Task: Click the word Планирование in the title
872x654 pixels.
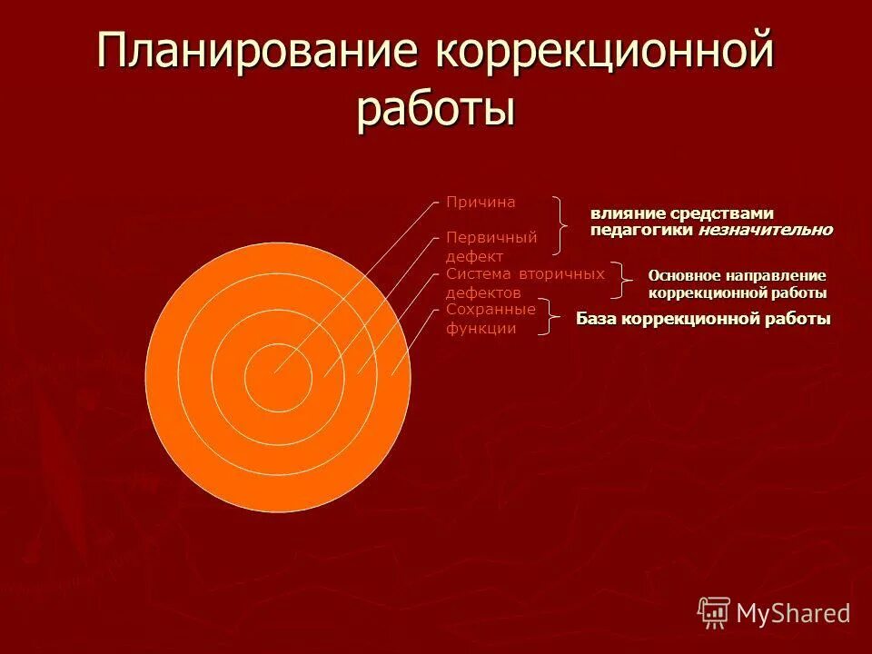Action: (x=260, y=52)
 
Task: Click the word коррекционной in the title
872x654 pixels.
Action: (x=605, y=52)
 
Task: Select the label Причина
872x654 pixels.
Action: (x=481, y=202)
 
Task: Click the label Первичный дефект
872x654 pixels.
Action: (x=491, y=247)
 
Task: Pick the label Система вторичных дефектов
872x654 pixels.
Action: (x=524, y=282)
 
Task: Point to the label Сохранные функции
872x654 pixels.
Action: (x=490, y=319)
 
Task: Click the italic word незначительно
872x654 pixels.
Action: (x=765, y=230)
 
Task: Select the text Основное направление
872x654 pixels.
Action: (x=737, y=275)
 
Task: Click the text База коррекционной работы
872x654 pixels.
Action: (x=703, y=319)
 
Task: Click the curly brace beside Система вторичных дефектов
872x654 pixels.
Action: (x=622, y=281)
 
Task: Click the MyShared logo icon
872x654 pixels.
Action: (x=713, y=612)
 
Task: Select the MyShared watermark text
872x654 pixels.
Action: (x=793, y=613)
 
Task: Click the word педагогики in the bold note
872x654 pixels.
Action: (x=642, y=230)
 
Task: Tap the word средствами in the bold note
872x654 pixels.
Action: (x=722, y=213)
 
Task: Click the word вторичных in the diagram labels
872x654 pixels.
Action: (x=562, y=273)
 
